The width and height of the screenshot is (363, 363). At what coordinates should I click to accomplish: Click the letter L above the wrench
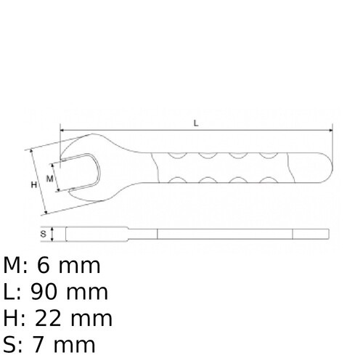tap(197, 123)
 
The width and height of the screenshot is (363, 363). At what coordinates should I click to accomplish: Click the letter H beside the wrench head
tap(33, 184)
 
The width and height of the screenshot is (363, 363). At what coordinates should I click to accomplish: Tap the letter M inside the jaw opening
tap(49, 176)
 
